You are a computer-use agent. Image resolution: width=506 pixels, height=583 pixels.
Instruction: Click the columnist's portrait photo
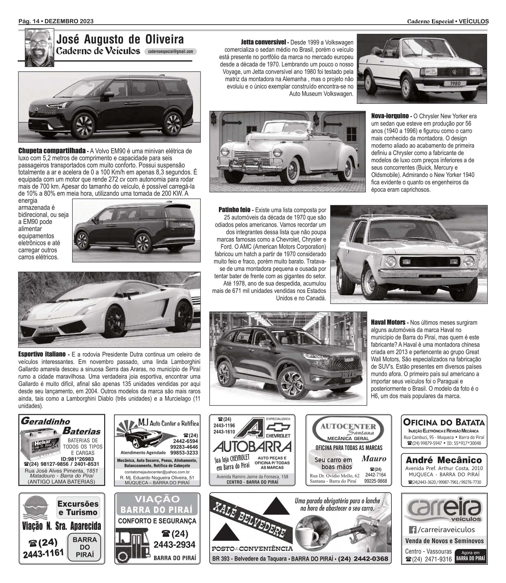(x=39, y=48)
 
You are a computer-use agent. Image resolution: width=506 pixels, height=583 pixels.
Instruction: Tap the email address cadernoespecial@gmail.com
(x=170, y=52)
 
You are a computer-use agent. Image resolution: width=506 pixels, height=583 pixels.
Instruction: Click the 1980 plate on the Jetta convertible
(x=455, y=83)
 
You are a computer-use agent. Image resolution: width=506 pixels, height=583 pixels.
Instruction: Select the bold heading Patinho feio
(x=234, y=210)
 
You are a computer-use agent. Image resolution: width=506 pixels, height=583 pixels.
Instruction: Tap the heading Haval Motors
(x=388, y=322)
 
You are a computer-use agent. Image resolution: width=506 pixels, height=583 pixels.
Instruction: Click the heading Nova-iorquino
(x=390, y=116)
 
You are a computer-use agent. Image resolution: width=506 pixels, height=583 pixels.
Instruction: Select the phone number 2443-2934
(x=174, y=545)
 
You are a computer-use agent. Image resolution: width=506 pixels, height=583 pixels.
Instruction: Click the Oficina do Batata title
(x=444, y=422)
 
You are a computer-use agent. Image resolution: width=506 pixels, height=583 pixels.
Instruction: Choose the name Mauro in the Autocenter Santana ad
(x=374, y=459)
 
